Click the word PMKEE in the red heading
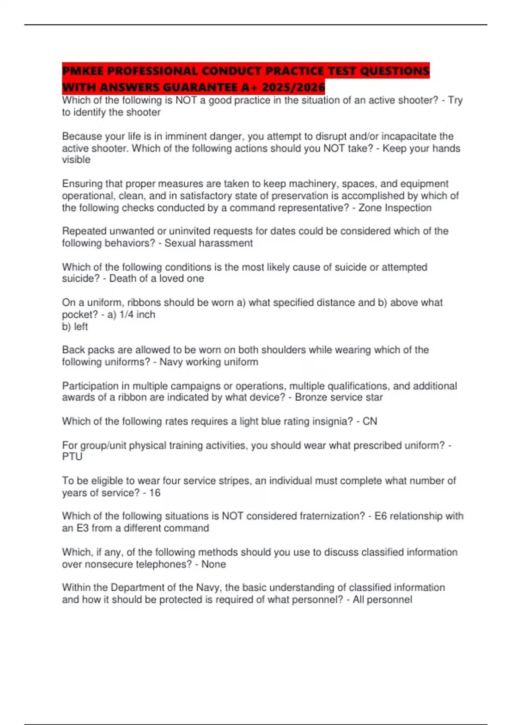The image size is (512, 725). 84,71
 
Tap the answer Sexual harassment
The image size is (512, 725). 209,243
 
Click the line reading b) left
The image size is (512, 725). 75,327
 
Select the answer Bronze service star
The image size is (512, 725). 339,397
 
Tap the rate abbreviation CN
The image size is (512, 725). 369,421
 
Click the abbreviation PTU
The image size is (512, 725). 72,457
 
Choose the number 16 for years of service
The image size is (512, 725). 154,493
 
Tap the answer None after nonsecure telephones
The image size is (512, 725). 213,564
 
